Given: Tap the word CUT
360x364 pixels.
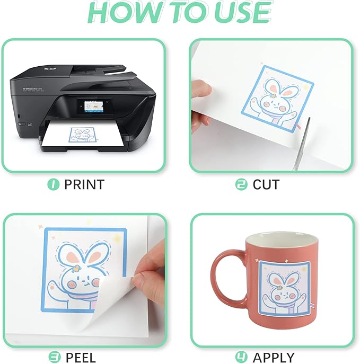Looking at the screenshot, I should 266,184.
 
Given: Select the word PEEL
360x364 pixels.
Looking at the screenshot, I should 81,357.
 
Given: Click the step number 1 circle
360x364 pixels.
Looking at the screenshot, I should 52,184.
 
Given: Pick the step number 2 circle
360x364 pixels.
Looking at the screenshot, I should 241,184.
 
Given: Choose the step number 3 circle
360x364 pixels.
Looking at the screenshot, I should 54,357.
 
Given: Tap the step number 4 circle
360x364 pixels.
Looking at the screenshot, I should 242,357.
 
